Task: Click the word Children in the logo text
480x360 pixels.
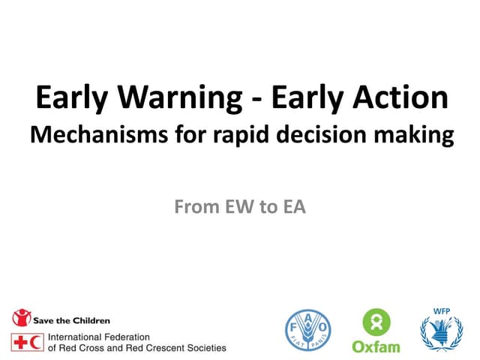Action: [89, 320]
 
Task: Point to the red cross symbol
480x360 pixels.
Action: [19, 342]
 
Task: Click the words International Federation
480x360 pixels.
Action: [99, 337]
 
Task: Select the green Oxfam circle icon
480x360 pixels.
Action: [376, 323]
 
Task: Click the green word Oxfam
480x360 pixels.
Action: [376, 346]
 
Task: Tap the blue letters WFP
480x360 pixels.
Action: [441, 311]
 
